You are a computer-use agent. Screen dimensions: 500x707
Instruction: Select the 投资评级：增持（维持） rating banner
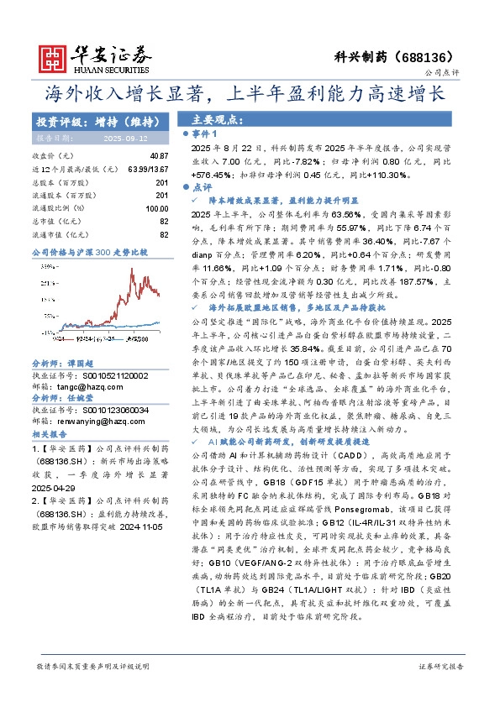pos(92,121)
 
